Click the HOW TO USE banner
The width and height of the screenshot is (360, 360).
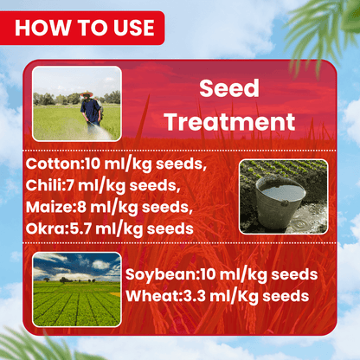click(x=85, y=27)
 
